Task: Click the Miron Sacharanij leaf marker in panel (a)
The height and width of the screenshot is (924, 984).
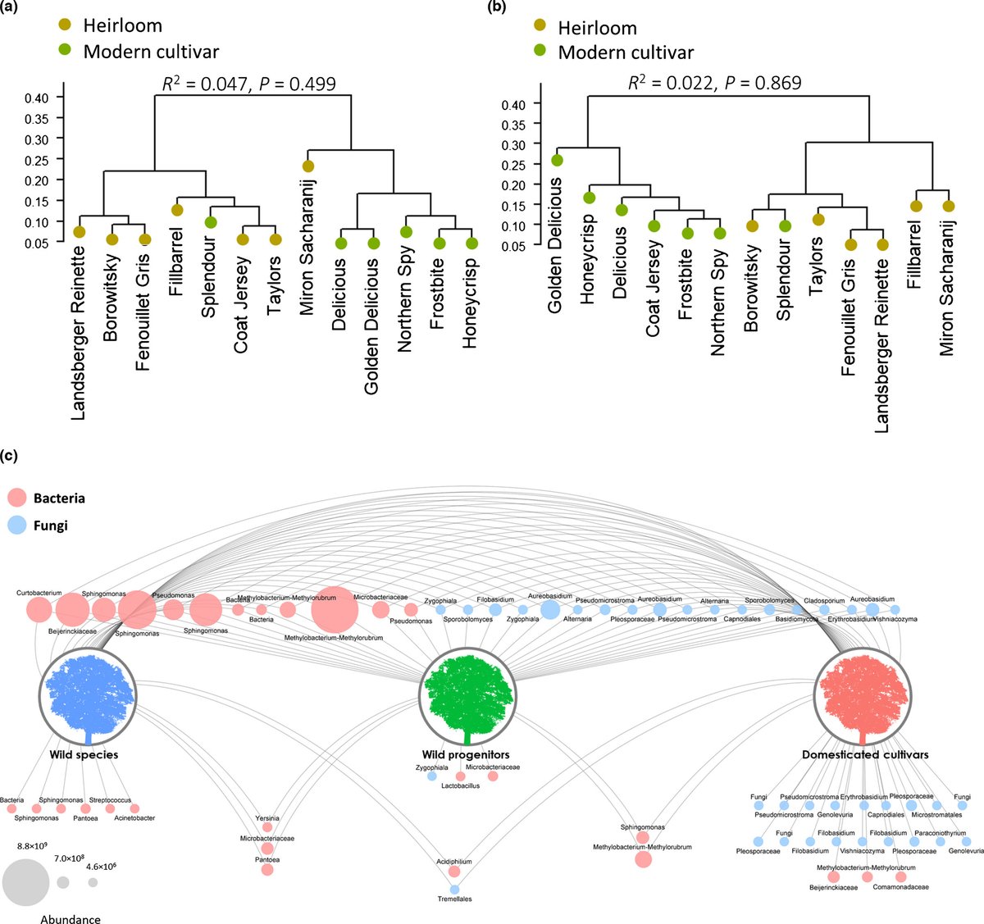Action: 308,166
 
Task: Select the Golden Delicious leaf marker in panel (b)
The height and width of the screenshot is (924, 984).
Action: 557,161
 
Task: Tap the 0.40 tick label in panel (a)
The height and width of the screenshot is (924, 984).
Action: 35,98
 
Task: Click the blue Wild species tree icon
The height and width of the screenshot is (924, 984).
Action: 86,696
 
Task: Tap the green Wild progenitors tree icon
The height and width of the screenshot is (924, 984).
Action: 467,696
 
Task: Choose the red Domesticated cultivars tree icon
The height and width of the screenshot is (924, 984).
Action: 861,696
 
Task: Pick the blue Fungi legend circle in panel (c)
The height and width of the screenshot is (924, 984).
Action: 16,526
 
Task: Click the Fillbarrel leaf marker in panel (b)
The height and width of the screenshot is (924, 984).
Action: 916,206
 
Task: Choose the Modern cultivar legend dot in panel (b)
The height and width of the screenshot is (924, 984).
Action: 540,52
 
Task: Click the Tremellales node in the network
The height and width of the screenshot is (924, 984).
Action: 454,889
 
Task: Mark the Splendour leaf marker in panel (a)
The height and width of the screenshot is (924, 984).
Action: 211,222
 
